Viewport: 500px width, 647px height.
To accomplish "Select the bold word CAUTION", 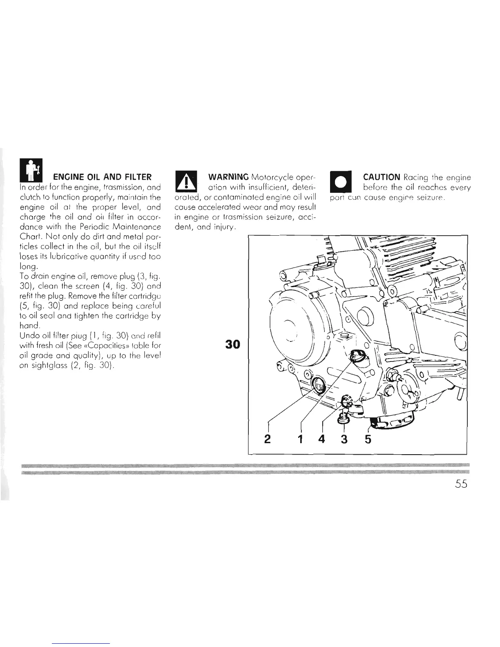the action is [x=381, y=177].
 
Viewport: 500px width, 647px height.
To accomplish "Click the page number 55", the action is [x=459, y=484].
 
